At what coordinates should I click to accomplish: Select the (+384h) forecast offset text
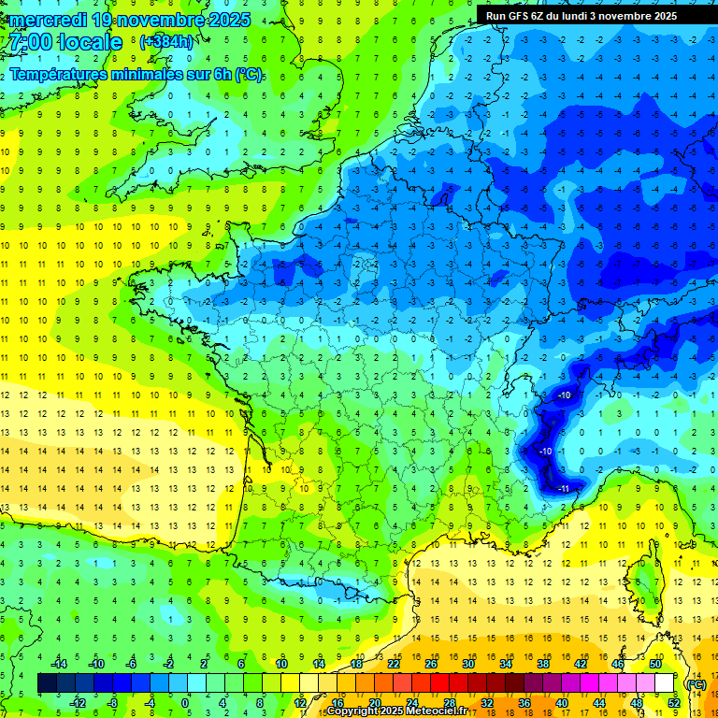166,42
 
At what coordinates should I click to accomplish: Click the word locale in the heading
89,42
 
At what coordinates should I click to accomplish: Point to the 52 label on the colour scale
673,703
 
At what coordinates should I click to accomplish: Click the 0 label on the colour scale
185,703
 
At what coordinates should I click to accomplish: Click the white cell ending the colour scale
664,683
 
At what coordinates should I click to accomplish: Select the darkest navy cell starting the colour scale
47,683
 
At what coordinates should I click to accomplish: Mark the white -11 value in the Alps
565,488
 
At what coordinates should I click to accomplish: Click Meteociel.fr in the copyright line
439,711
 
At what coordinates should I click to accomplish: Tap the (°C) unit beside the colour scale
696,684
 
